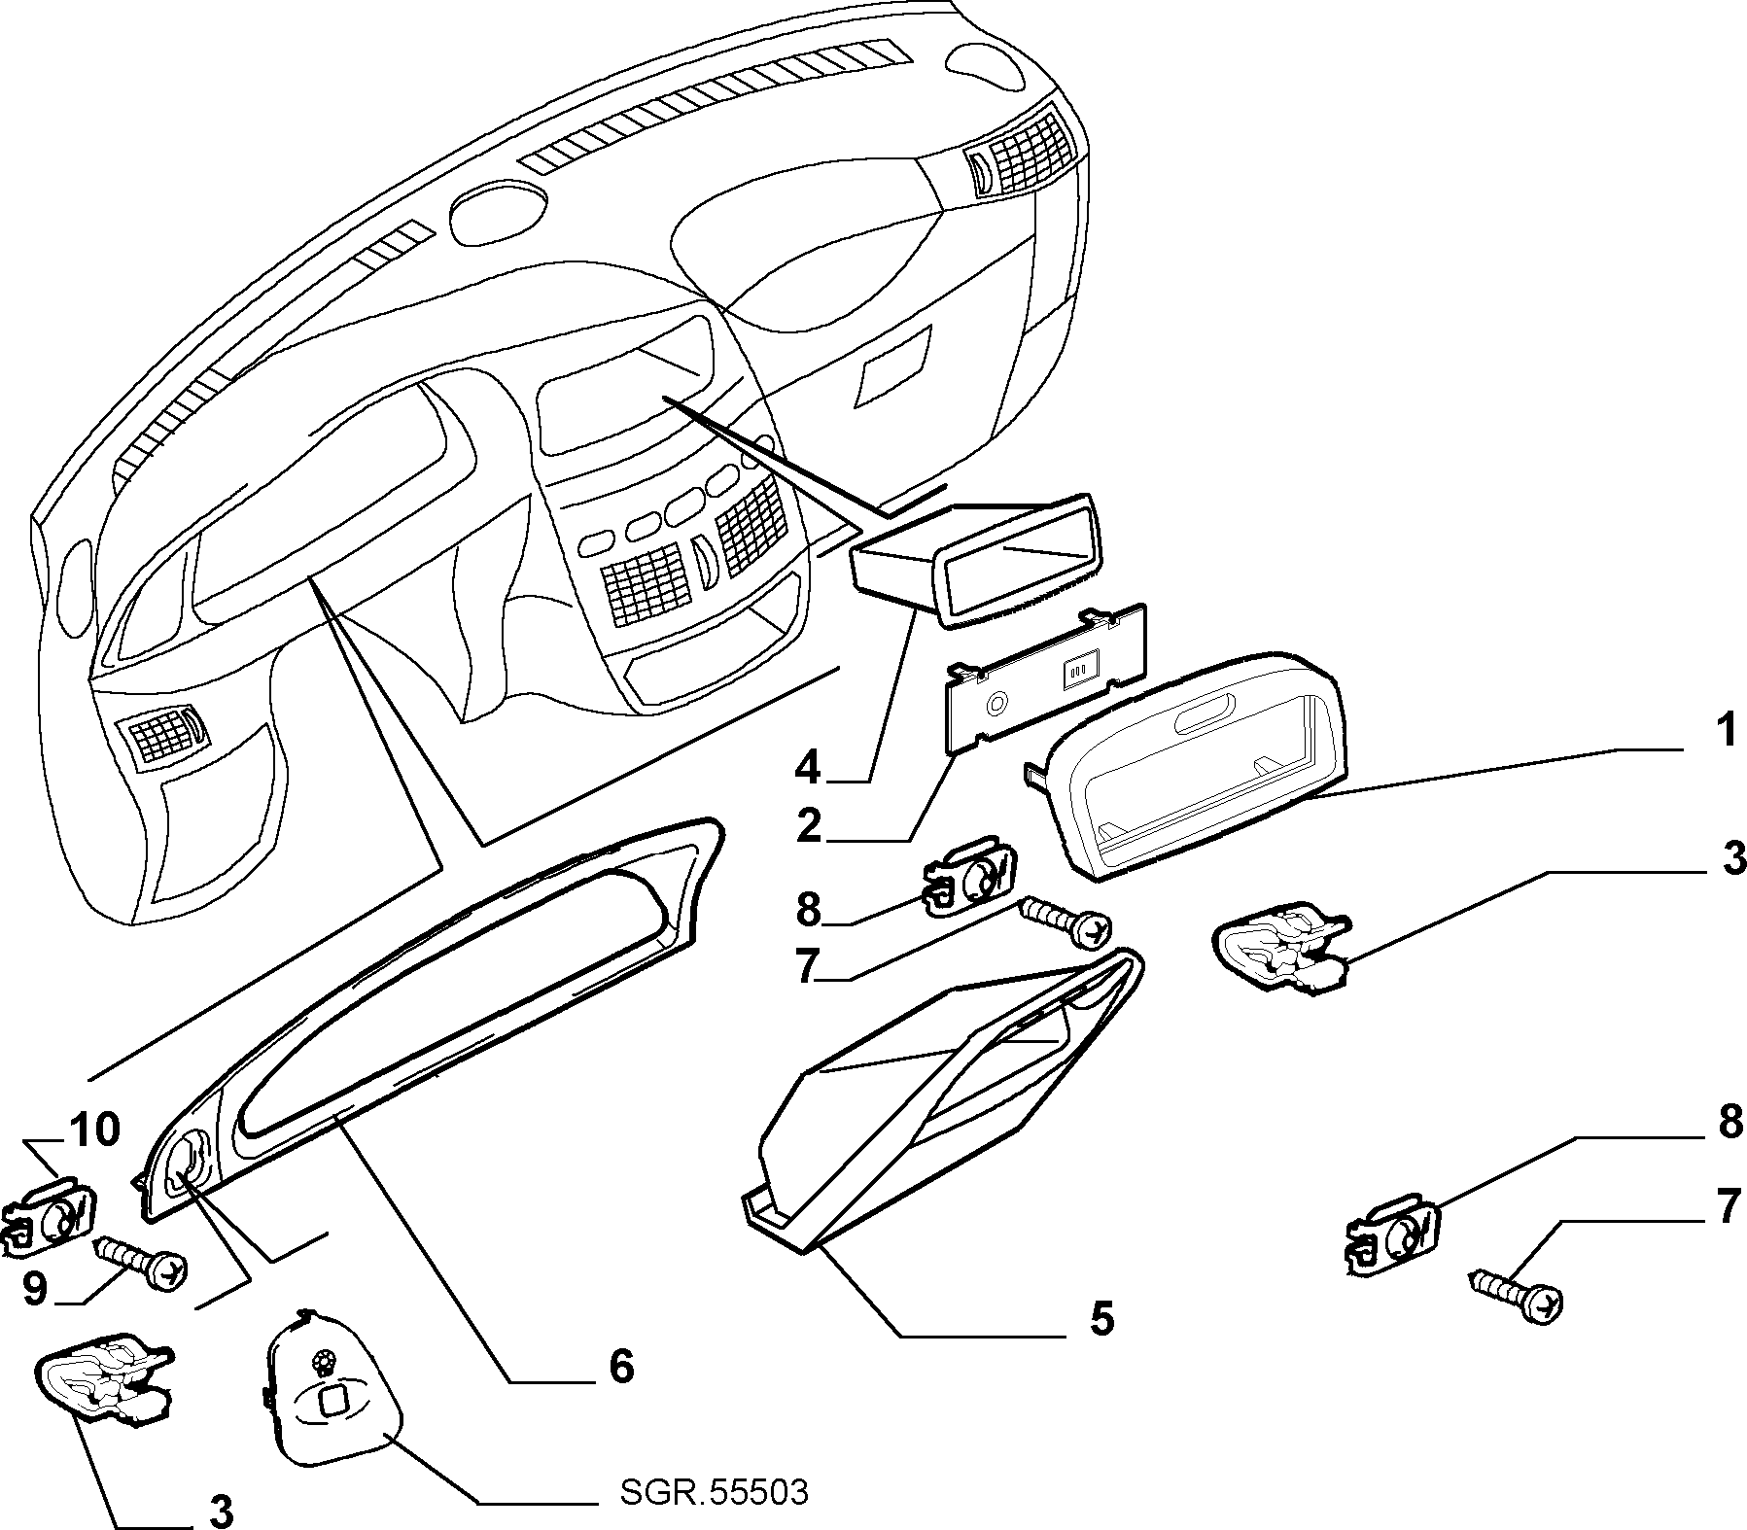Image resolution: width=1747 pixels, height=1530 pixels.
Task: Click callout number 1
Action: click(1725, 731)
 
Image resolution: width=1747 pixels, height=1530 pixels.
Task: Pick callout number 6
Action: click(621, 1365)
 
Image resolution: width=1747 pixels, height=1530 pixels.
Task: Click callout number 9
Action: click(35, 1289)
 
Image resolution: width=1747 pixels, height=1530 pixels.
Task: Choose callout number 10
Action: click(94, 1130)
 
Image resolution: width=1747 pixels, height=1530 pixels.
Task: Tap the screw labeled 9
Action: click(142, 1263)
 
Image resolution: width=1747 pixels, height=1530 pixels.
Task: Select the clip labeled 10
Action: click(52, 1211)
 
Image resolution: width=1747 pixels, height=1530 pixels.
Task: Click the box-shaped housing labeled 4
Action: click(976, 564)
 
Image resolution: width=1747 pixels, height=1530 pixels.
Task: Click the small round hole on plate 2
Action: click(996, 705)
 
